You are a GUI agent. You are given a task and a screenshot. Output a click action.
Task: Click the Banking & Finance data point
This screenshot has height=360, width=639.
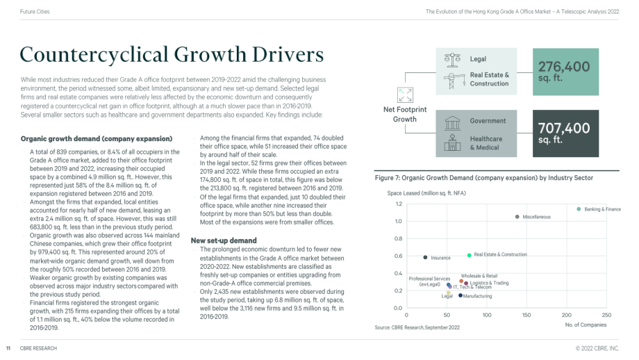[579, 209]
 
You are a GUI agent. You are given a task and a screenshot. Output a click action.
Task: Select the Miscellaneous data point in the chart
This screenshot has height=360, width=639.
[517, 217]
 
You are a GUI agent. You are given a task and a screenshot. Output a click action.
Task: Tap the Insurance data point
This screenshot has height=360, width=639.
[425, 257]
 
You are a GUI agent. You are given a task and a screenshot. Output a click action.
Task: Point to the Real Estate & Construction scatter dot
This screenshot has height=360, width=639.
[469, 255]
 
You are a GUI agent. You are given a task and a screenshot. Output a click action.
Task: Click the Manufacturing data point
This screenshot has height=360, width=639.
[460, 295]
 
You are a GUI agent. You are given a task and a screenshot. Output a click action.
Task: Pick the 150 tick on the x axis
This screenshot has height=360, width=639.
[526, 315]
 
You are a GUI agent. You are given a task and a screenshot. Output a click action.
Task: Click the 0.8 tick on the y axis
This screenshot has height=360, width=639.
[398, 238]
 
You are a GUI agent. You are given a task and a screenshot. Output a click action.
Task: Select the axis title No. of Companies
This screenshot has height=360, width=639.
[586, 325]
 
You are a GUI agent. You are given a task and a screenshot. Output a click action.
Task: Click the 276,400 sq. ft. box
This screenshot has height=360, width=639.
[565, 72]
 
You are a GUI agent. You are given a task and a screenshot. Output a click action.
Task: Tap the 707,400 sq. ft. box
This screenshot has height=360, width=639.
[565, 133]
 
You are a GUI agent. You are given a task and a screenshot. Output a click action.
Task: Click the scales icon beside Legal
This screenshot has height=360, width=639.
[452, 60]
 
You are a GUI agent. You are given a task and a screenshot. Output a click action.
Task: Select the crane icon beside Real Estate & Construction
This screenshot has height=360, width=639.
[453, 81]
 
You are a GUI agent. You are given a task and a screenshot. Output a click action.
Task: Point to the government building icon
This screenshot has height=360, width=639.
[452, 122]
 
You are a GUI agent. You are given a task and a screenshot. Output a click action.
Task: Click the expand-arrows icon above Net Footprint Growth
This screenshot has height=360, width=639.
[405, 95]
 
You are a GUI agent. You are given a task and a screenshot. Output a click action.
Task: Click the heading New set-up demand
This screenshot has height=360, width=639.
[224, 240]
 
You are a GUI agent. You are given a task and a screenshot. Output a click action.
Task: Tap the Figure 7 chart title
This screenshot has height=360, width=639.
[483, 178]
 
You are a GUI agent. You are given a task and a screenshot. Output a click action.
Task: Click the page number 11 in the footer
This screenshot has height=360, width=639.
[8, 349]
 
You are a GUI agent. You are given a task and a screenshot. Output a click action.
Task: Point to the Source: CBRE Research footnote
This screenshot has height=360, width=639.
[417, 327]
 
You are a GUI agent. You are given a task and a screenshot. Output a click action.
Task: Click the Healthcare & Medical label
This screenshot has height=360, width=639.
[486, 143]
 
